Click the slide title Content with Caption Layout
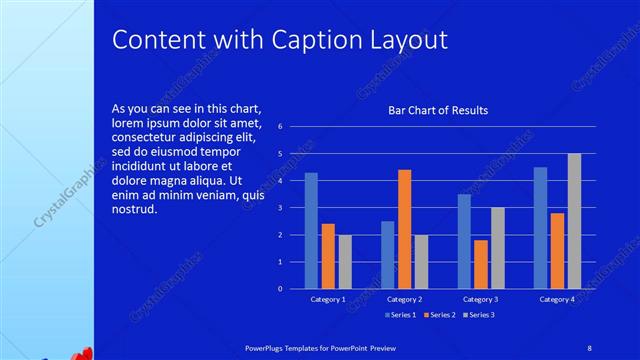279,39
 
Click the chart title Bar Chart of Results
438,110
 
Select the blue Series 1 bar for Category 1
311,230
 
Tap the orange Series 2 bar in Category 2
405,229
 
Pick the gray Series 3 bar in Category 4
574,221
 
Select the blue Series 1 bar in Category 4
540,227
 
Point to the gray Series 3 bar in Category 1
345,261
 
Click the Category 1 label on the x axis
328,299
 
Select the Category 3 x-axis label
481,299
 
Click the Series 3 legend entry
480,315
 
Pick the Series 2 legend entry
441,315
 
